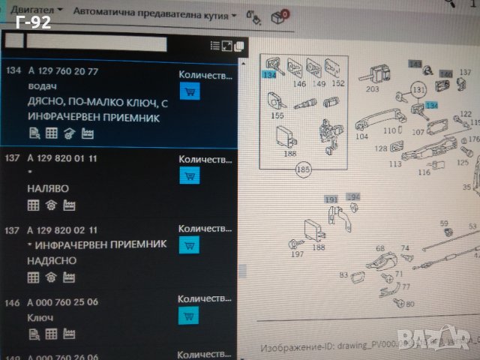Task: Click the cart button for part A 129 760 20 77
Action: pyautogui.click(x=190, y=91)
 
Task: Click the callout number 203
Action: pyautogui.click(x=372, y=89)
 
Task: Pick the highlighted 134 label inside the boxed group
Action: pyautogui.click(x=268, y=75)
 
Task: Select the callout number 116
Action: pyautogui.click(x=424, y=172)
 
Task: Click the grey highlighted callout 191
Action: pyautogui.click(x=331, y=199)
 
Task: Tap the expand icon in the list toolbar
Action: pyautogui.click(x=227, y=46)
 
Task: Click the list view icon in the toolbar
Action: pyautogui.click(x=215, y=46)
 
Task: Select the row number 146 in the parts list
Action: pyautogui.click(x=13, y=302)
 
